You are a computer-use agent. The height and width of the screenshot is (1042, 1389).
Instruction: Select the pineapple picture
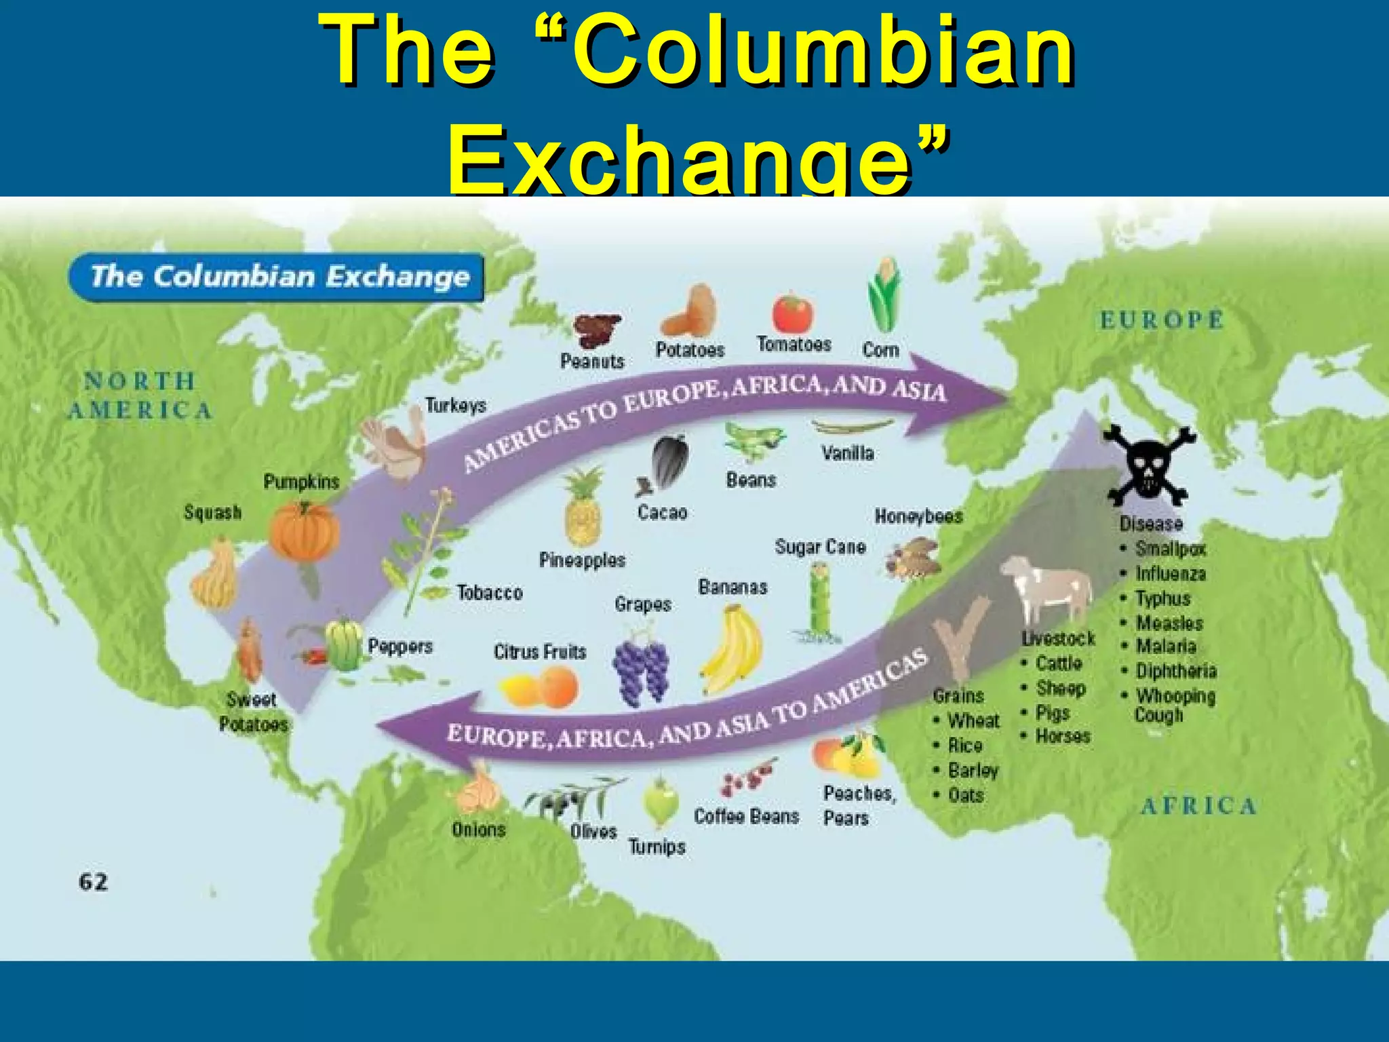583,509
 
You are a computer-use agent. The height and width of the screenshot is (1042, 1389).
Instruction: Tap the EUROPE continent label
1162,320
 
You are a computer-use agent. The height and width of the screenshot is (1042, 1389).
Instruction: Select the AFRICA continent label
1198,806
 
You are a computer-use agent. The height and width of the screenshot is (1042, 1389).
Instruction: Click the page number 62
93,882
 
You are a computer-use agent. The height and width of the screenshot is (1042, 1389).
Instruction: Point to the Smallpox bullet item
1170,548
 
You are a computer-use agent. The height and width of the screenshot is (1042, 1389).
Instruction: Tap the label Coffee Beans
746,816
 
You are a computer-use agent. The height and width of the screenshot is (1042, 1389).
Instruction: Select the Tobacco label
490,593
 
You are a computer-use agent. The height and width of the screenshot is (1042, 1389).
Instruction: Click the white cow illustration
1047,587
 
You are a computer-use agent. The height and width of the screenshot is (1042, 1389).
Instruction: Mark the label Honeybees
918,516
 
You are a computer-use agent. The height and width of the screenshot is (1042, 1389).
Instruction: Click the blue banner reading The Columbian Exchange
276,277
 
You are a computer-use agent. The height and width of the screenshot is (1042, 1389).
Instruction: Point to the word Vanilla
847,452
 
